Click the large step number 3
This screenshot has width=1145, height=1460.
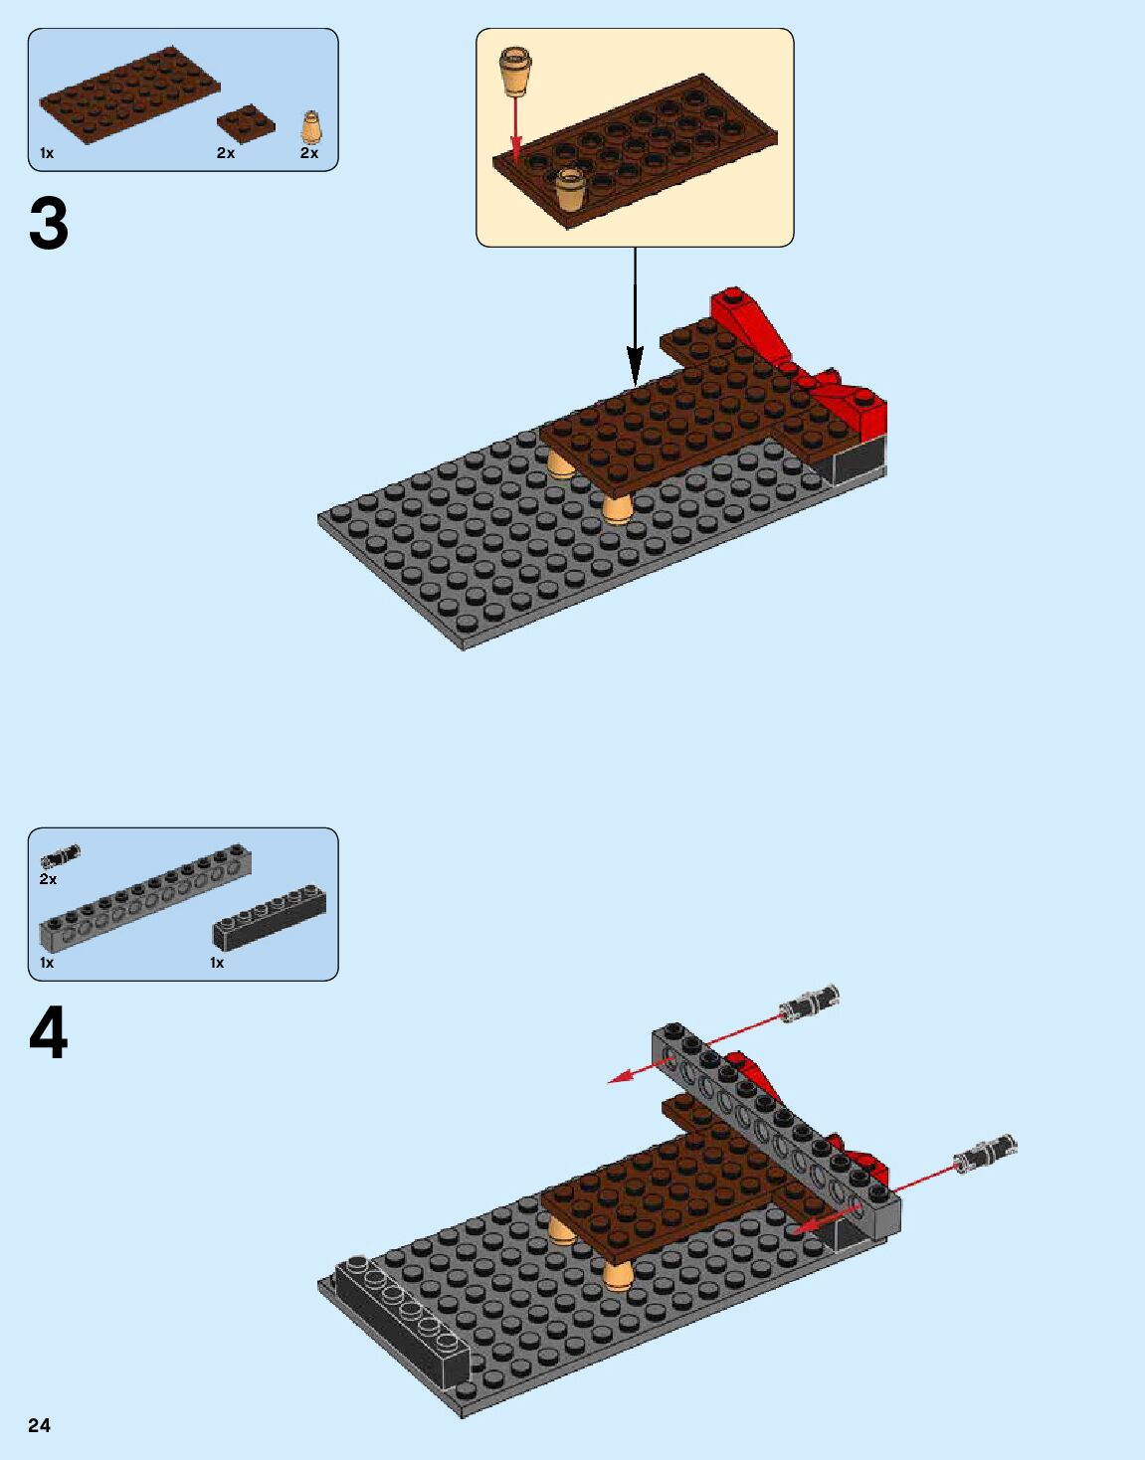pos(49,224)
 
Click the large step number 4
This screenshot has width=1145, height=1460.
pos(49,1033)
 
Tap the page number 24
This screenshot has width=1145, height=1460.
pos(39,1425)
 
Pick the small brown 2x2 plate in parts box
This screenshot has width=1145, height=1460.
pos(246,121)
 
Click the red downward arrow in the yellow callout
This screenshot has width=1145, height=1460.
pos(515,129)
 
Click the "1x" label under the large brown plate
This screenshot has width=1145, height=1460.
pos(47,153)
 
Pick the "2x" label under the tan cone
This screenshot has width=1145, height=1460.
pos(309,153)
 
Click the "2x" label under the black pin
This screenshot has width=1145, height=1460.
pos(48,879)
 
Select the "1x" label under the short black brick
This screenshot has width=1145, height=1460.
pos(217,963)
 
